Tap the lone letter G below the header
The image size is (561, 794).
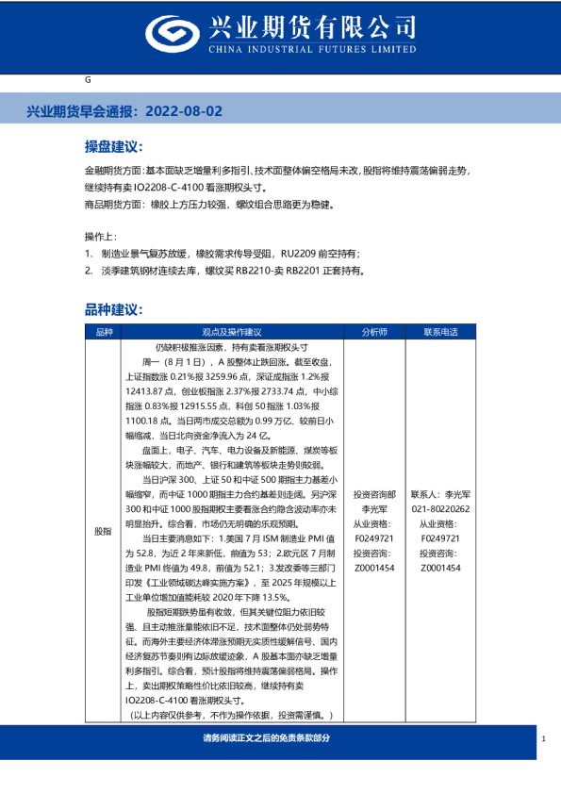[88, 81]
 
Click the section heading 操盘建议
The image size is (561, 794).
[113, 147]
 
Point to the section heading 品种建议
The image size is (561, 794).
[113, 308]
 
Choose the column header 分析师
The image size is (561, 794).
[373, 332]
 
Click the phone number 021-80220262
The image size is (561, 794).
[439, 507]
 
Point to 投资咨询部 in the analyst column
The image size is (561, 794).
[373, 494]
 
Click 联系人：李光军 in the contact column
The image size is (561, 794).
[439, 494]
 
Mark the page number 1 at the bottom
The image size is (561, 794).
[544, 739]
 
